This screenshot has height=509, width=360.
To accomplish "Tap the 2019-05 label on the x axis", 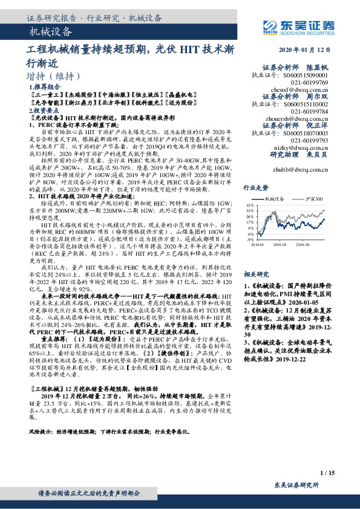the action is tap(280, 245).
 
